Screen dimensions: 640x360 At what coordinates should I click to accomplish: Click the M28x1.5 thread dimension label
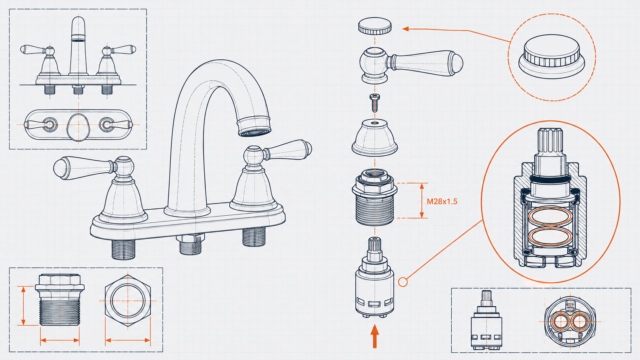click(442, 201)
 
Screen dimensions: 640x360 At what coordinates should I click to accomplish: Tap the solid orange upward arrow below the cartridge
click(375, 336)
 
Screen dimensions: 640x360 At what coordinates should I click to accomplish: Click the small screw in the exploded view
click(375, 102)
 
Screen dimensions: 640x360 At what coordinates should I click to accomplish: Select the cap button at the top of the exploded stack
click(375, 26)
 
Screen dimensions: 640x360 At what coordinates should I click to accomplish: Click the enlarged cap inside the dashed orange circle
click(551, 56)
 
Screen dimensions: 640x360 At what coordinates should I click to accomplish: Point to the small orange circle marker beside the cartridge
click(403, 282)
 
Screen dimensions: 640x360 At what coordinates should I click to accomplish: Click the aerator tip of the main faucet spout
click(254, 127)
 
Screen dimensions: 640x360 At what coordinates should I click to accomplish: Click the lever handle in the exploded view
click(410, 64)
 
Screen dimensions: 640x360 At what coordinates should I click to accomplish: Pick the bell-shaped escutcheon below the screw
click(375, 138)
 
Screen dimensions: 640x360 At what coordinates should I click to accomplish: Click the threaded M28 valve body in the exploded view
click(375, 197)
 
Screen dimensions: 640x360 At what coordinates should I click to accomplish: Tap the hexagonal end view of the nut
click(128, 301)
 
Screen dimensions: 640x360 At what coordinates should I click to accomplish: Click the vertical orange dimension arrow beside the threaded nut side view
click(23, 306)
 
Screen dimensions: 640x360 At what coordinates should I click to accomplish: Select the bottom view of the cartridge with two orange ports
click(570, 322)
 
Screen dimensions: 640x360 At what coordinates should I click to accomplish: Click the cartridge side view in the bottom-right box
click(486, 320)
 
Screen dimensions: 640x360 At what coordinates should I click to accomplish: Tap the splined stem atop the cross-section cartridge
click(550, 144)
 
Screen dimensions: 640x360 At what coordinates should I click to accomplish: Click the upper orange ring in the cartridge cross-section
click(550, 216)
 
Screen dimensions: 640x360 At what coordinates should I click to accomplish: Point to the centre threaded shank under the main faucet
click(191, 244)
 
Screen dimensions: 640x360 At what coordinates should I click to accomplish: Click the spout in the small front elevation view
click(78, 46)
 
